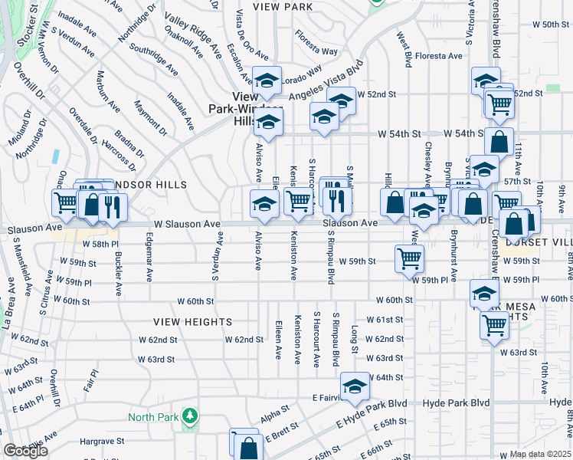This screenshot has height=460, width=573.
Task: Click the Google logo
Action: click(x=25, y=451)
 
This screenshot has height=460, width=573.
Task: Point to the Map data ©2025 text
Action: click(x=541, y=454)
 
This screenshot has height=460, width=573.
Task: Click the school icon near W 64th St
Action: click(x=355, y=388)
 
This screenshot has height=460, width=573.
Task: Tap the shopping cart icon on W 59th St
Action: click(x=410, y=258)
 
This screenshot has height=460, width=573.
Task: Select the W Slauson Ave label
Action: click(x=187, y=224)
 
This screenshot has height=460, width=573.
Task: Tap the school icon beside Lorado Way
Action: click(x=267, y=80)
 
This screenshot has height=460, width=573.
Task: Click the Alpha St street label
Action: click(x=272, y=416)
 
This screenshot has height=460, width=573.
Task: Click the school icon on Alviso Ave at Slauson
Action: click(x=264, y=203)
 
